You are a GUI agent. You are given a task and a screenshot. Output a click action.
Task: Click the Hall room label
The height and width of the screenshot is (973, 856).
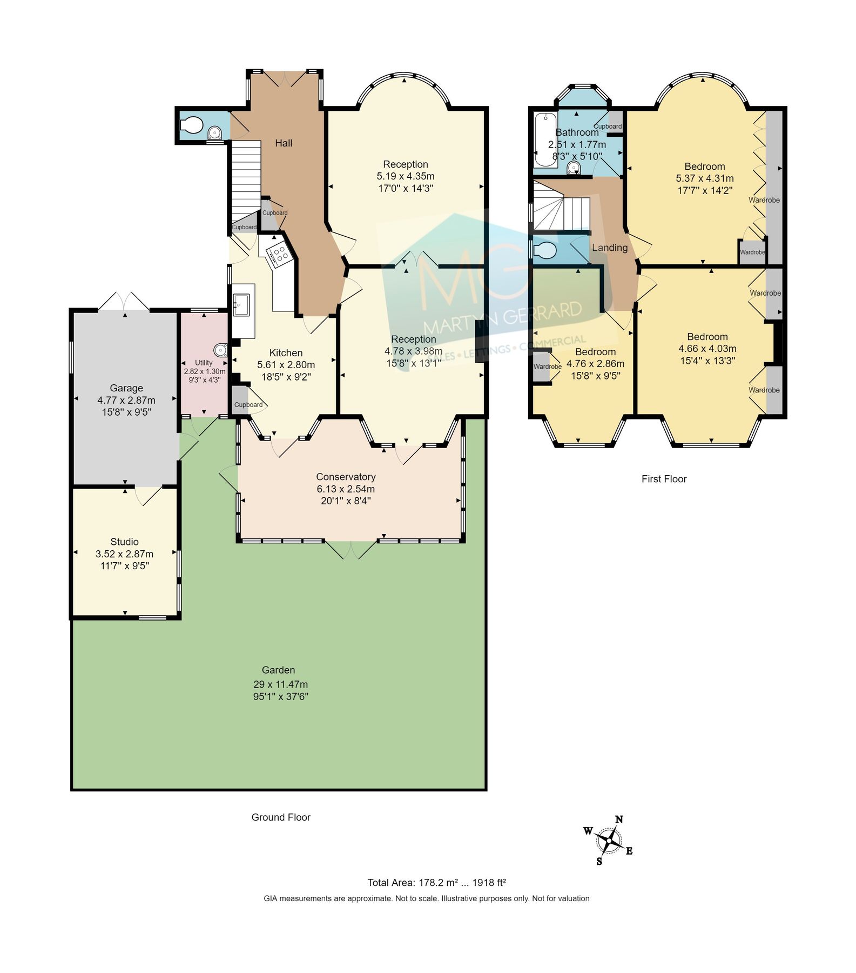pos(284,143)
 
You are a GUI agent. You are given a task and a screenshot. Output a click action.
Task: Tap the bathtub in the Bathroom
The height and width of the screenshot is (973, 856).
pos(544,139)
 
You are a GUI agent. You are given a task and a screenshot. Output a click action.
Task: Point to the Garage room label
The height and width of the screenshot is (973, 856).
pos(126,388)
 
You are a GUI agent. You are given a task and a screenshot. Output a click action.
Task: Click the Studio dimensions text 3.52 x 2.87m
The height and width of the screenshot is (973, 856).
pos(124,554)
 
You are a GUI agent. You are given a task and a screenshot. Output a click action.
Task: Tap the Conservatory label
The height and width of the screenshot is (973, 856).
pos(346,477)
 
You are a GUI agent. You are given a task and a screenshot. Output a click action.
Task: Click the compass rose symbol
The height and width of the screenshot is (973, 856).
pos(609,841)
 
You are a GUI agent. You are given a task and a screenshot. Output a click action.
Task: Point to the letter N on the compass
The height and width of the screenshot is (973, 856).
pos(619,819)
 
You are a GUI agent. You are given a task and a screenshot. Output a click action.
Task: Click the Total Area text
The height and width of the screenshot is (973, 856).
pos(436,883)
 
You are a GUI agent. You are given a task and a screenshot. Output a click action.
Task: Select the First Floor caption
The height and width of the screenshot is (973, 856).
pos(664,479)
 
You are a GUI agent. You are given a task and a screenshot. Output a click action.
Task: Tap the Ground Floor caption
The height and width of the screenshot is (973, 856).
pos(281,817)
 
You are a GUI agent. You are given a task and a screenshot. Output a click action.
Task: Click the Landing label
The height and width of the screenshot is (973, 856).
pos(610,248)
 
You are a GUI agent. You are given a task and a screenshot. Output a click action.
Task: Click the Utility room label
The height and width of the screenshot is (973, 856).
pos(204,363)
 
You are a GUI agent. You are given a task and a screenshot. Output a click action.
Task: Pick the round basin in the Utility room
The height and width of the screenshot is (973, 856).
pos(220,349)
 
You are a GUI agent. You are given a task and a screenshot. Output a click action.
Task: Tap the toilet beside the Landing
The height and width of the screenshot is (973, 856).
pos(545,251)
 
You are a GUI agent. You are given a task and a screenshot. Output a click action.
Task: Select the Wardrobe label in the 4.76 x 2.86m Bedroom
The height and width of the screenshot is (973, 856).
pos(547,366)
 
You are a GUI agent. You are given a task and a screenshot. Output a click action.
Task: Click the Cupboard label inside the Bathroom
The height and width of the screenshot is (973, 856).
pos(608,126)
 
